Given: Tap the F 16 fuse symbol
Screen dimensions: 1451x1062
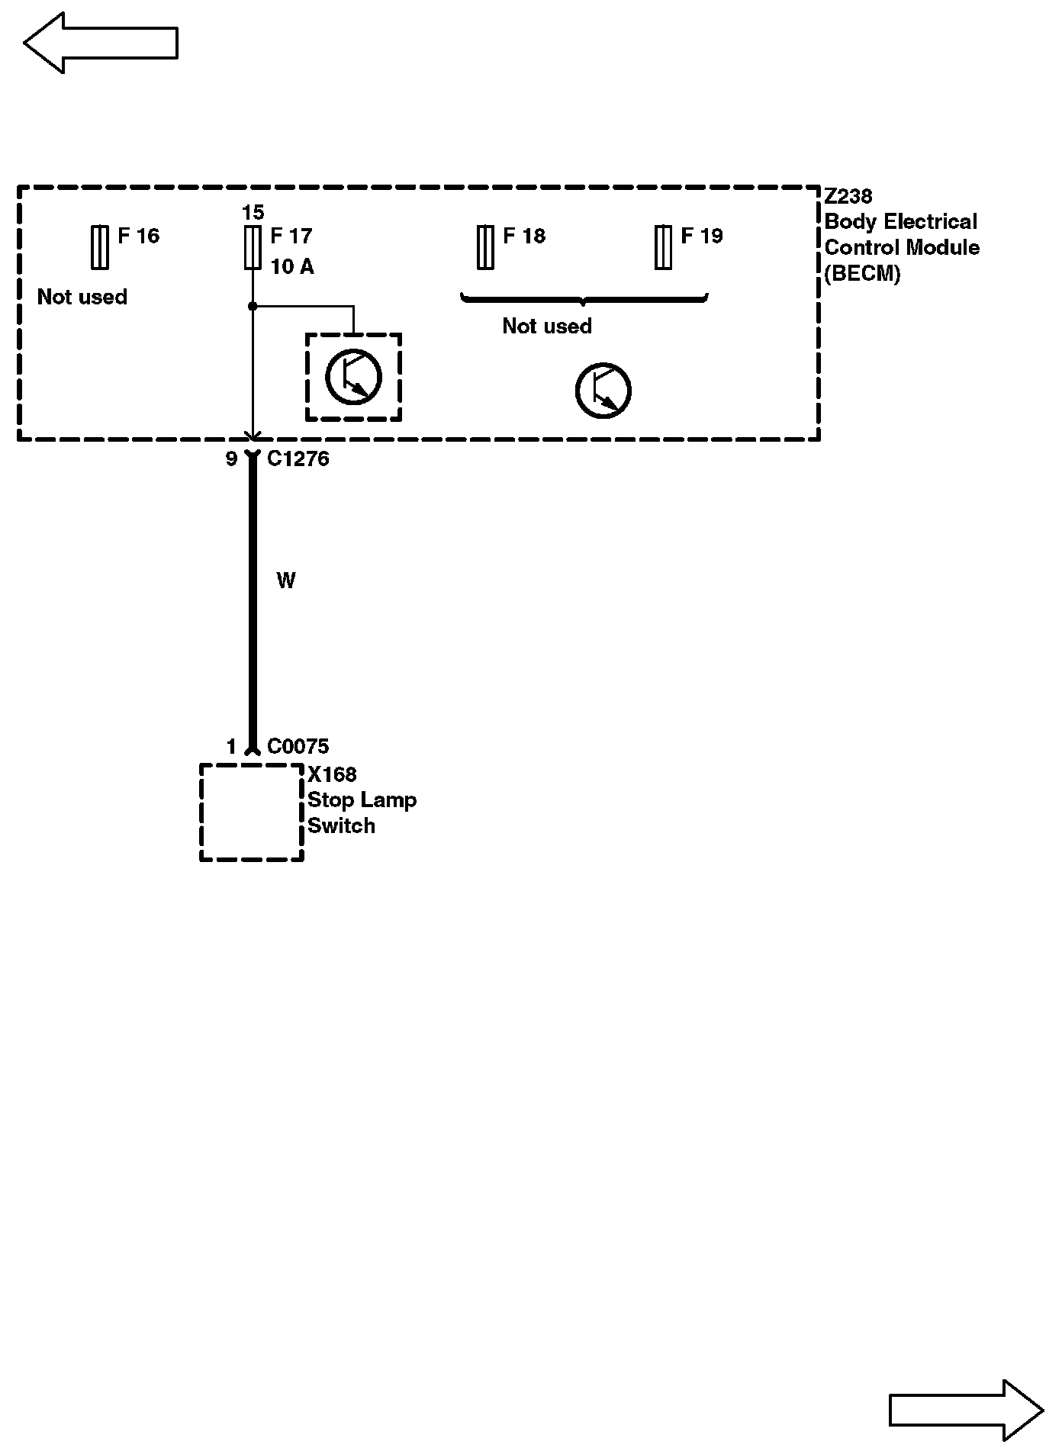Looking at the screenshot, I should coord(99,247).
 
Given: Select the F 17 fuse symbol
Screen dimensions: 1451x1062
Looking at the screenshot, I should coord(253,247).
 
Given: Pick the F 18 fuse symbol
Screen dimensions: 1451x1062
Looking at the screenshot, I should coord(485,247).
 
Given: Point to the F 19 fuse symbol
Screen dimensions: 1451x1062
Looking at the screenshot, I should coord(663,247).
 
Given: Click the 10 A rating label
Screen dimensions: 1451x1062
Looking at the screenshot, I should coord(292,267).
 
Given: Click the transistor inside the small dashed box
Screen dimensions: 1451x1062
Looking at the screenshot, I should coord(353,376).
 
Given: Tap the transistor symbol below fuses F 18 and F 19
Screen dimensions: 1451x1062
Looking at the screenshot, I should coord(603,391).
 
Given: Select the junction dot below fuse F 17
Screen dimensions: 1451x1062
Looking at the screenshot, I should coord(253,307).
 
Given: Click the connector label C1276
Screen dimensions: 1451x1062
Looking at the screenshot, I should coord(298,458).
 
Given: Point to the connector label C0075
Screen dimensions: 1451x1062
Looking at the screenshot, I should coord(298,746).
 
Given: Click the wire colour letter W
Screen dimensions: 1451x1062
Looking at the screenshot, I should coord(286,581).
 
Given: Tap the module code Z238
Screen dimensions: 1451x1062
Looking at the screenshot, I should coord(848,197).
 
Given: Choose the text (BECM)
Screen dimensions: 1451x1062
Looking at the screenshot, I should coord(862,274).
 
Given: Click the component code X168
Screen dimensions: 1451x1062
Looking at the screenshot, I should coord(332,774).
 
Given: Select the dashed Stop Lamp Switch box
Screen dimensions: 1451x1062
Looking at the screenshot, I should coord(252,812).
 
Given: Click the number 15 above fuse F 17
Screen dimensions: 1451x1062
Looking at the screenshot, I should coord(253,212).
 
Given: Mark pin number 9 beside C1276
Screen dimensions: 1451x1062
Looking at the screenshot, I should coord(231,459).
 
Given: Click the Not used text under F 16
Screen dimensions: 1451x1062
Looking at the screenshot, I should coord(82,297).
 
